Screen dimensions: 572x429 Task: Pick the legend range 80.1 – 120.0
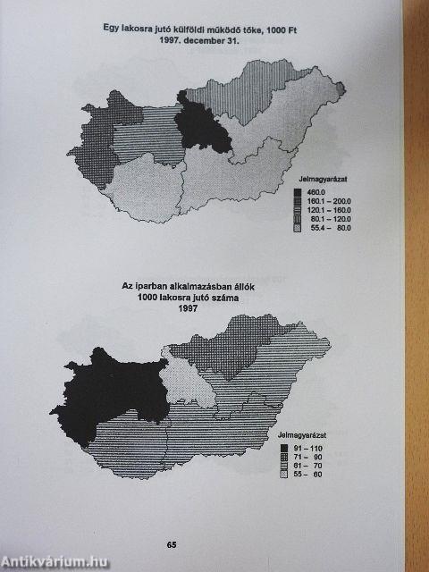(328, 220)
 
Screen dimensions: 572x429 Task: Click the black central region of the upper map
(203, 125)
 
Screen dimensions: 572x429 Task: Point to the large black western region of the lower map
(98, 393)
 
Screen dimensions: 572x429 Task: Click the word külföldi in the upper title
(180, 28)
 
